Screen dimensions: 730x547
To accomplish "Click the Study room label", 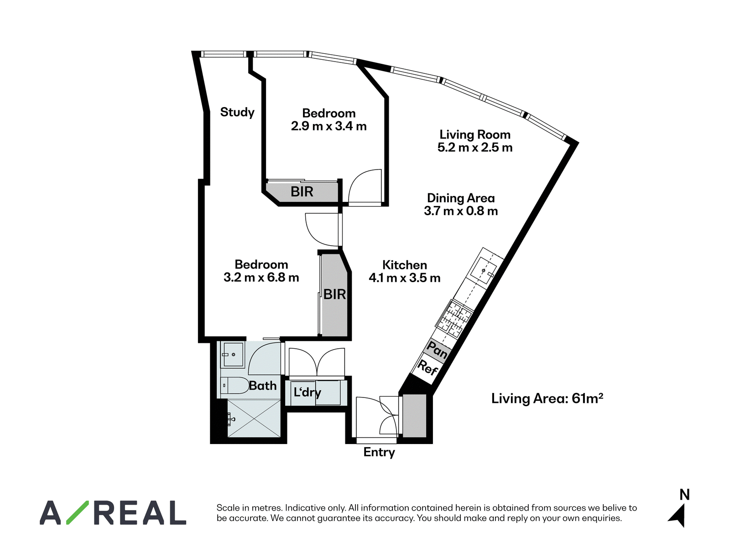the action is (x=237, y=112).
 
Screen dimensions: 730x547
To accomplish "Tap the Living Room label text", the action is (x=475, y=134).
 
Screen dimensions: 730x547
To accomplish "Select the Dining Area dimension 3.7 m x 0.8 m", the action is (x=461, y=211).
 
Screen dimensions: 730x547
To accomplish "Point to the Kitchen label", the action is (x=404, y=265).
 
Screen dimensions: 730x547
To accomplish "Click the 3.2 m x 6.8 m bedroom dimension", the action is (x=261, y=277).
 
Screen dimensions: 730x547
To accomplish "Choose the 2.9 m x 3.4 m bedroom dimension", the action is (x=328, y=126).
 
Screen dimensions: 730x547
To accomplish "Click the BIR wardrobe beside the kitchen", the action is (x=334, y=294).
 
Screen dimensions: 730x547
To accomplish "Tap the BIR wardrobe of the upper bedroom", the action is (x=302, y=192).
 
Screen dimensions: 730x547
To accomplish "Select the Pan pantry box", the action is (x=437, y=350).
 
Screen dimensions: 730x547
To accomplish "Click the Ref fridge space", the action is (x=428, y=368).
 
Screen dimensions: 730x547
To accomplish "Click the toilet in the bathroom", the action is (x=235, y=386).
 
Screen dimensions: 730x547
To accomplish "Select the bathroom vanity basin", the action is (x=233, y=354).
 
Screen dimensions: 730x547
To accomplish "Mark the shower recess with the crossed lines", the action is (x=254, y=418).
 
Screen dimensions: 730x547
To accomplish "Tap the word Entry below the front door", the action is (x=379, y=453).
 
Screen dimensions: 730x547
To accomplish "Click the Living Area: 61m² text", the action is (x=547, y=398).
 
